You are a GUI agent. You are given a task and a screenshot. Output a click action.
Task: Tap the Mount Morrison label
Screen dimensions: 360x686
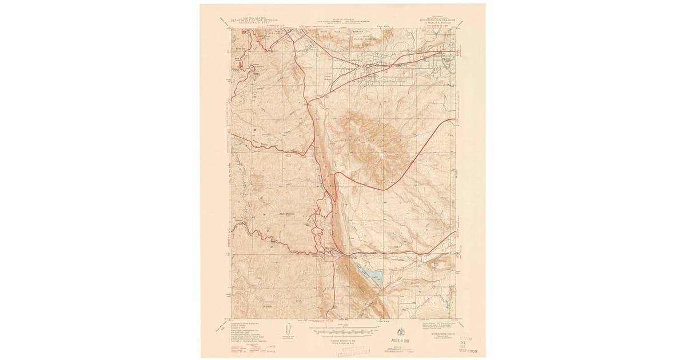(x=285, y=214)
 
